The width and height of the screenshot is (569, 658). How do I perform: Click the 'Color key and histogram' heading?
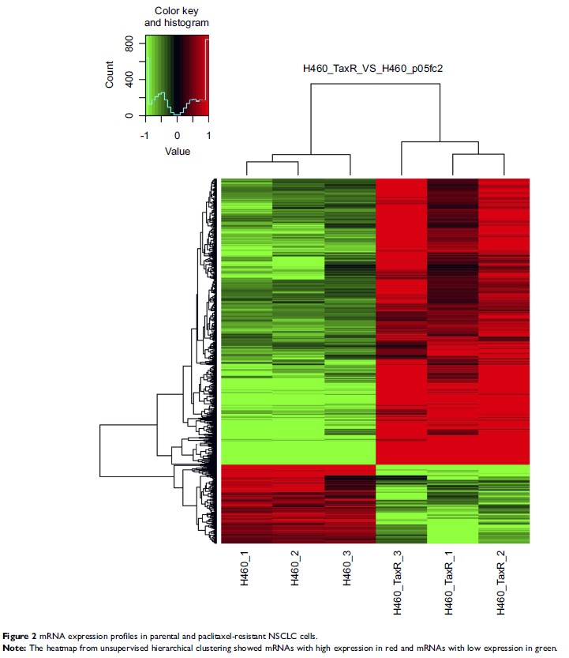pos(176,18)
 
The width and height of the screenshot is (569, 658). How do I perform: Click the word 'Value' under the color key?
pos(177,150)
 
